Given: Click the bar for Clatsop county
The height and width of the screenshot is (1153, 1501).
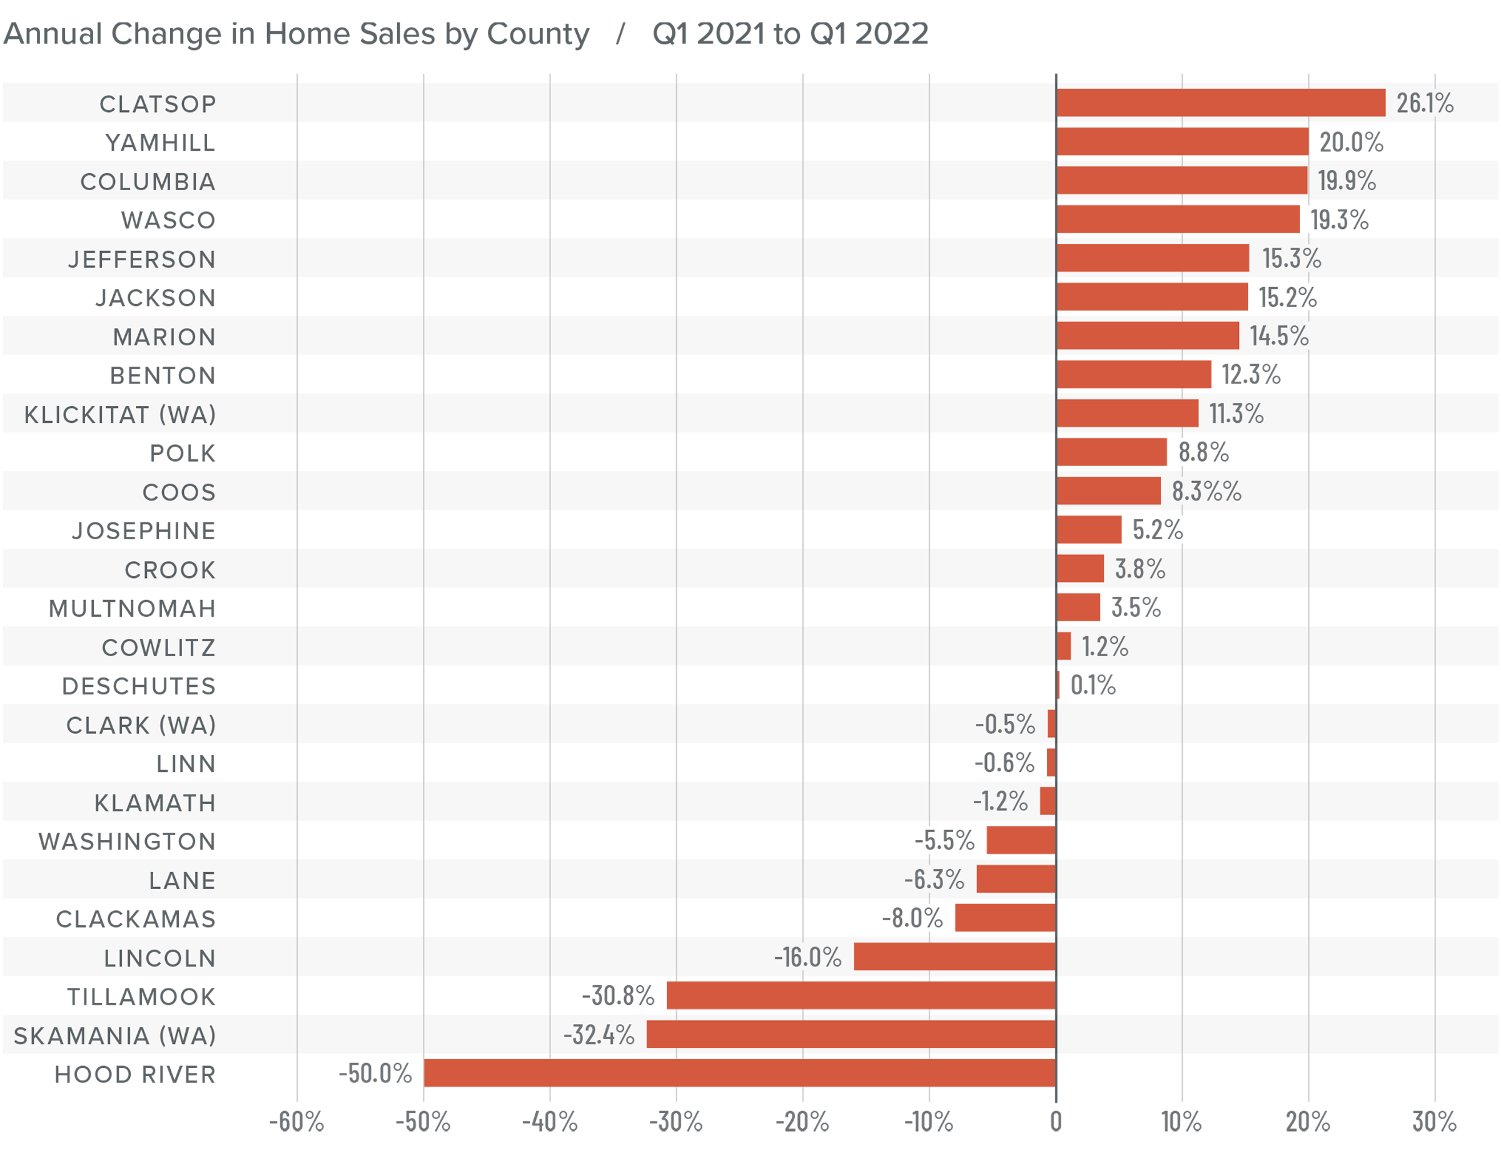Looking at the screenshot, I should pos(1220,103).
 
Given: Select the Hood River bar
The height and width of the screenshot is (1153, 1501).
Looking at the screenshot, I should pos(739,1073).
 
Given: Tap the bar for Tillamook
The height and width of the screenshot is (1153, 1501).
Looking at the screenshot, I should pos(861,995).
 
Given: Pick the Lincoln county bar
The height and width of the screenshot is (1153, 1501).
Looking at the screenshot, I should pos(954,956).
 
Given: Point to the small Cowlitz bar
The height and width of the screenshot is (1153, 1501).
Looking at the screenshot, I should pos(1063,646).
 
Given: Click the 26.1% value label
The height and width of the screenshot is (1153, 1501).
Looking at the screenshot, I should pos(1424,103).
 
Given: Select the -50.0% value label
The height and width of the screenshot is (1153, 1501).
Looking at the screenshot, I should pos(375,1073).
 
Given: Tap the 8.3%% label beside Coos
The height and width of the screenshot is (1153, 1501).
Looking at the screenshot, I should pos(1206,490).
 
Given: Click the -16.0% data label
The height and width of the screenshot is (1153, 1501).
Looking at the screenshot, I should pos(807,956).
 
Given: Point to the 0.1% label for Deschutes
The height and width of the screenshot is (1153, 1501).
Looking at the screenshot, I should pos(1093,685).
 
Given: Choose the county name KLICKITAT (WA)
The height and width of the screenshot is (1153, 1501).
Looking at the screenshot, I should pos(120,415).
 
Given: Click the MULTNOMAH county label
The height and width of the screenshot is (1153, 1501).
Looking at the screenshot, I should pos(133,608).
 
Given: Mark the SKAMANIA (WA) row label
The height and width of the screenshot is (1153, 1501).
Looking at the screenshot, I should pos(114,1035).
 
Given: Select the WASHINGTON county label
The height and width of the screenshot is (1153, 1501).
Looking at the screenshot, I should pos(127,841).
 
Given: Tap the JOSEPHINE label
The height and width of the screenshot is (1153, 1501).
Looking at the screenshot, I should pos(144,531).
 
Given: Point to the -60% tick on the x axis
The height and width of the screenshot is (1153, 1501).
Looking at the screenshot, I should pos(296,1122).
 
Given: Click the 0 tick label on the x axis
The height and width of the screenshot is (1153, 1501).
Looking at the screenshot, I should pos(1055,1122).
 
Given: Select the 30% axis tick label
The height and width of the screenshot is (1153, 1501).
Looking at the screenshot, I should pos(1434,1122).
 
